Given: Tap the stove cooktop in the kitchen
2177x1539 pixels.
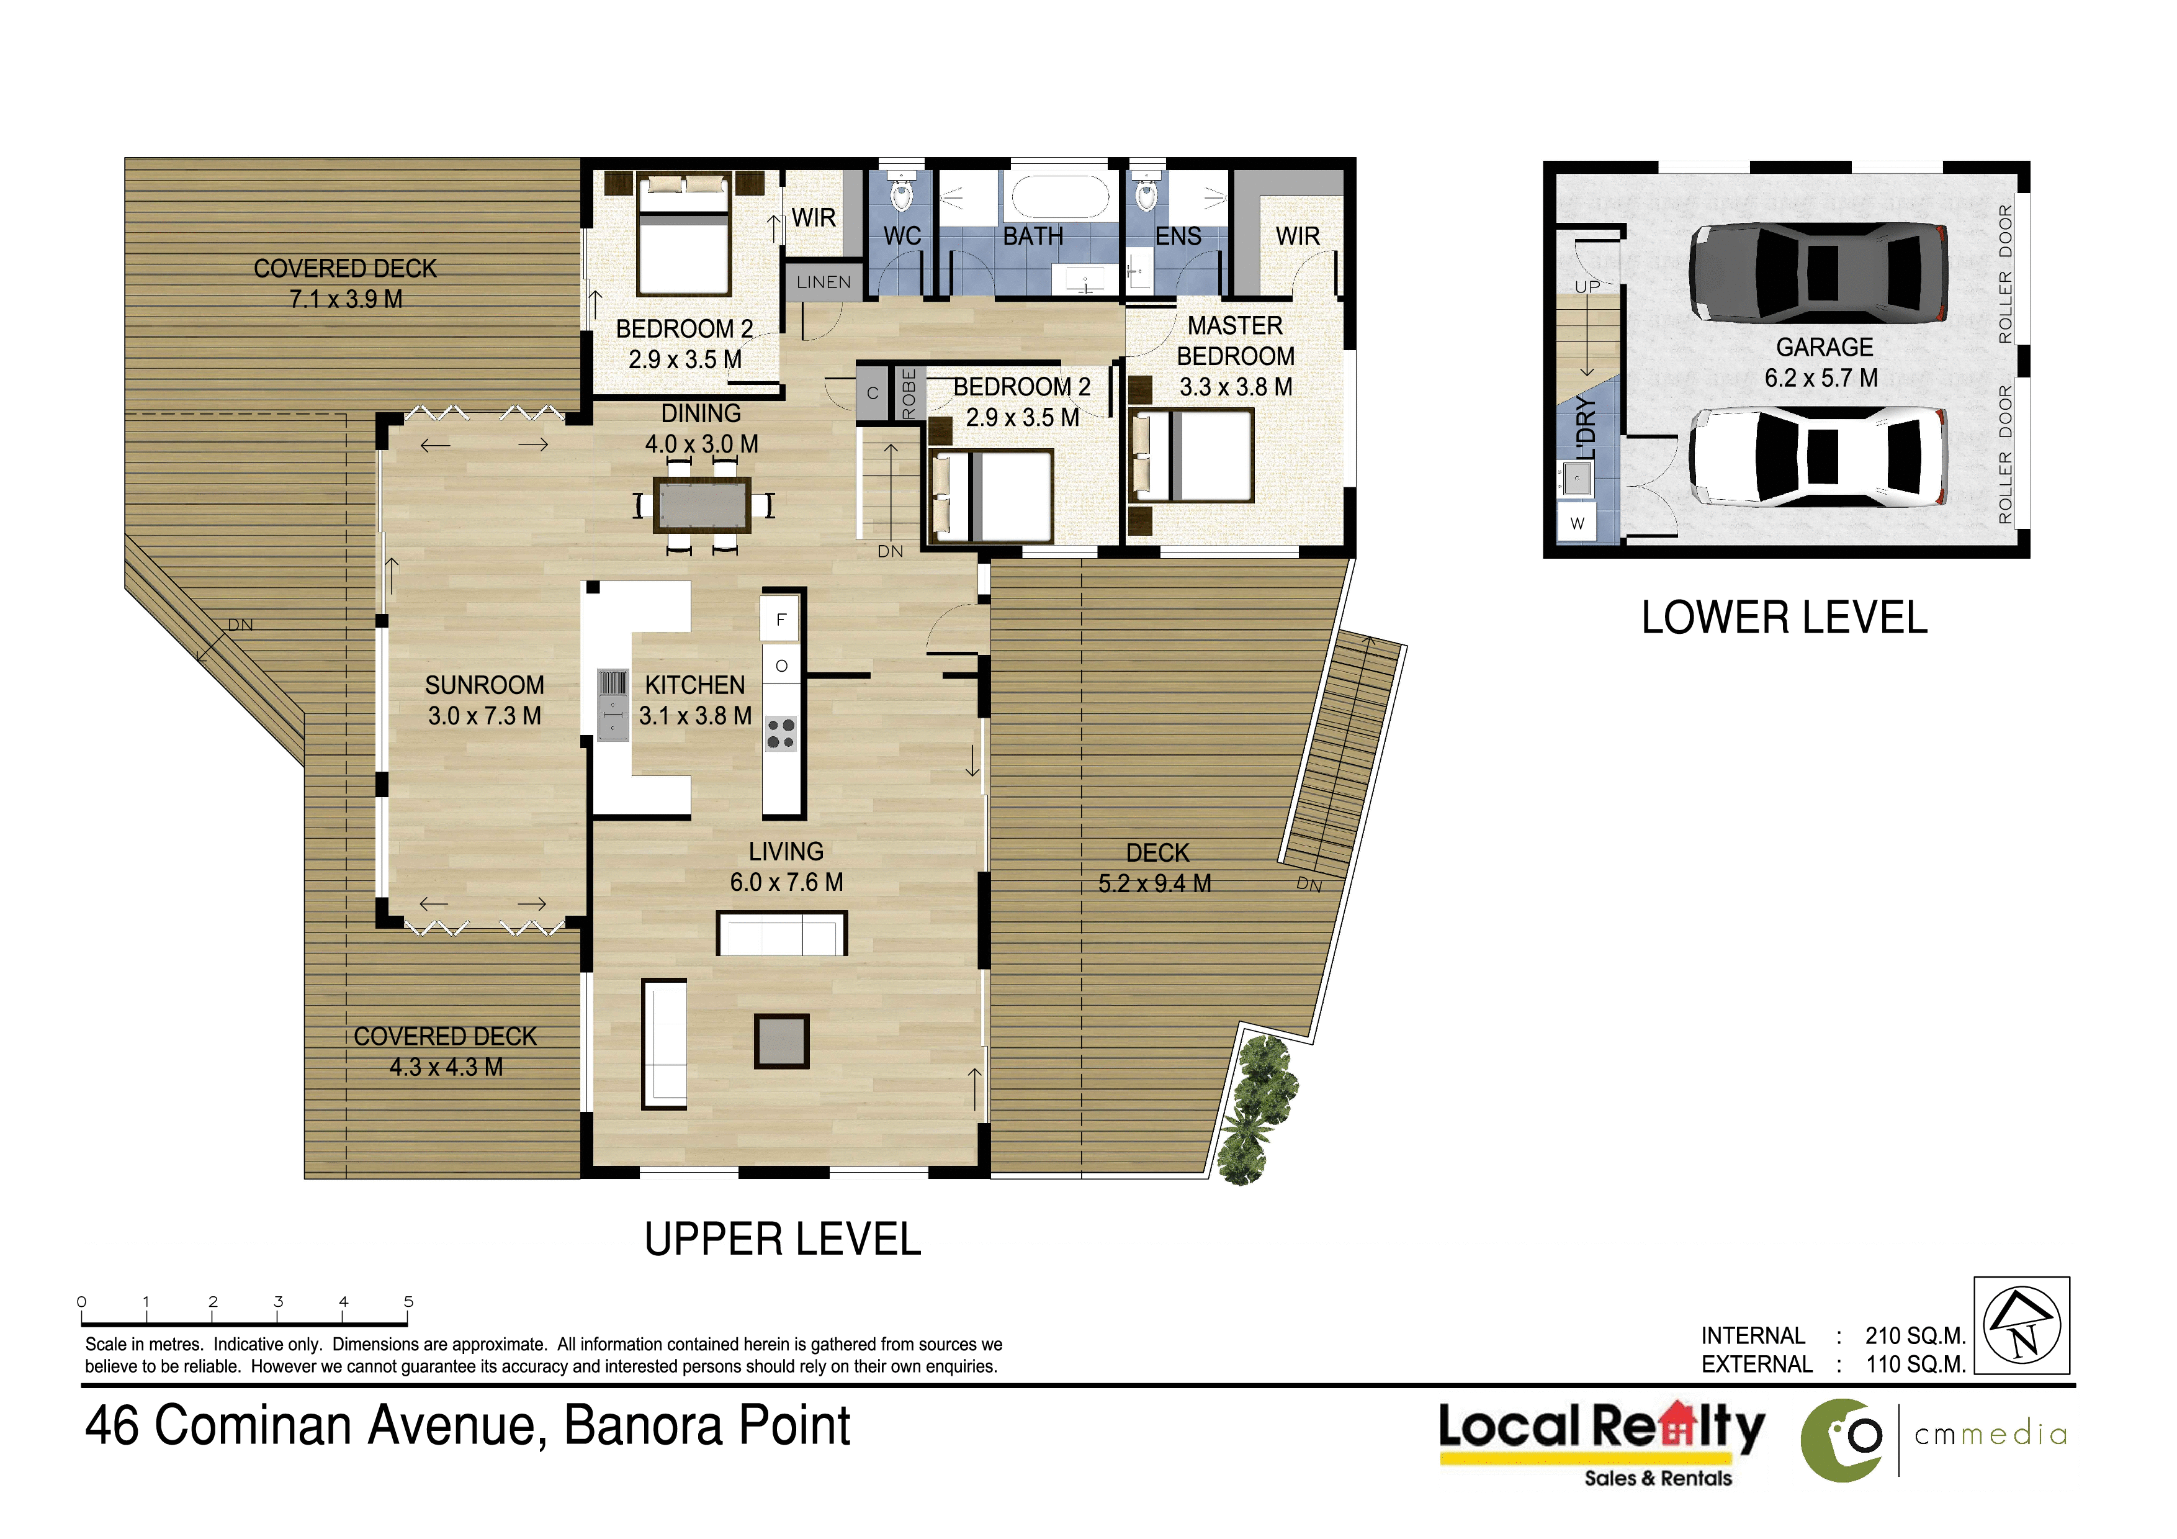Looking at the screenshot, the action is pyautogui.click(x=781, y=733).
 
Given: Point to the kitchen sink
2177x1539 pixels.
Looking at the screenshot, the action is pyautogui.click(x=613, y=705).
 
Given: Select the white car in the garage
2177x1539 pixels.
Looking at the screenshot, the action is pyautogui.click(x=1818, y=456).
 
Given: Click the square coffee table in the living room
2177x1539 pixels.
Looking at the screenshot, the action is pyautogui.click(x=781, y=1041).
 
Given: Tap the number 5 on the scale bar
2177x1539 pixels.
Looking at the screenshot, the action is pyautogui.click(x=409, y=1302).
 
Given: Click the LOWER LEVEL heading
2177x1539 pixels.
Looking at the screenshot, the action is pyautogui.click(x=1784, y=618).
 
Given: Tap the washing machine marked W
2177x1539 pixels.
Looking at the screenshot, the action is pyautogui.click(x=1577, y=523).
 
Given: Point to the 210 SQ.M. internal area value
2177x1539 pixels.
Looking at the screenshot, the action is pyautogui.click(x=1915, y=1336).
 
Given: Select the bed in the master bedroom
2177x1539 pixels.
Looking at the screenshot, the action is pyautogui.click(x=1193, y=455).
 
